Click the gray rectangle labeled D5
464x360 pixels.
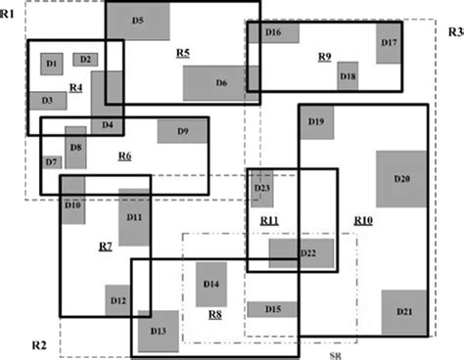pos(137,21)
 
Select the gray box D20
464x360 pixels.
pos(400,178)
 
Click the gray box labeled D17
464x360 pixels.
pos(389,44)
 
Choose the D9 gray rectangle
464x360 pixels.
pos(182,131)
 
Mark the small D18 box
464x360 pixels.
pos(348,75)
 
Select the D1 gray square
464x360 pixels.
pos(51,65)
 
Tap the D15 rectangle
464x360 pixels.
pos(272,309)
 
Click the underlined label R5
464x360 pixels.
pos(183,52)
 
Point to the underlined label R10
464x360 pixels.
pos(363,221)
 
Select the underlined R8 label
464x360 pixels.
pos(215,314)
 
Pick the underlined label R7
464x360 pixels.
pos(105,246)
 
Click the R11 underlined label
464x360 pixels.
pos(270,221)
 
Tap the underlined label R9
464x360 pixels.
pos(325,57)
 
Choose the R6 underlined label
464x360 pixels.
pos(124,157)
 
